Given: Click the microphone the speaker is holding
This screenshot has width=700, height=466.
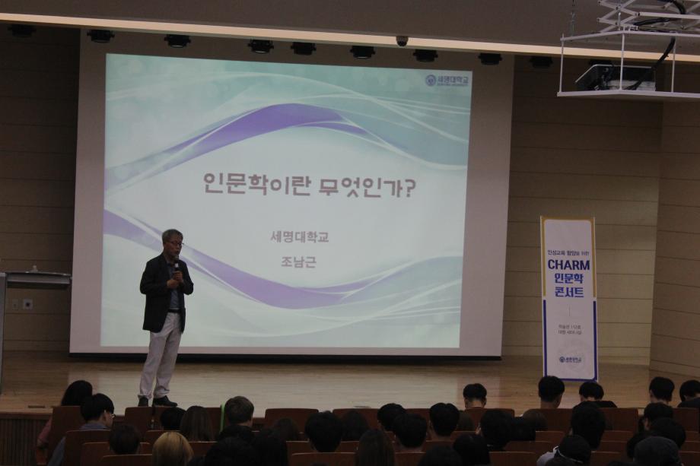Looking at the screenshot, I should (x=177, y=265).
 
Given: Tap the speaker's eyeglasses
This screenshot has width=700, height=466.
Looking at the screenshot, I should (x=175, y=243).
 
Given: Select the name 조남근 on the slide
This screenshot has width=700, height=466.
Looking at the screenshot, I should (x=298, y=261).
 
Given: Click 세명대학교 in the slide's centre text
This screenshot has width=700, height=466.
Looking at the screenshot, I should (x=299, y=236).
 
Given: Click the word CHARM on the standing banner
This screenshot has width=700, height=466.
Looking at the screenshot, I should (x=568, y=265).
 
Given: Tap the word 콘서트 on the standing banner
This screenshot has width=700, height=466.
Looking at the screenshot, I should (x=568, y=293).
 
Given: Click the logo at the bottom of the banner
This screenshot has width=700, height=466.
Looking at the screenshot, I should (x=568, y=359).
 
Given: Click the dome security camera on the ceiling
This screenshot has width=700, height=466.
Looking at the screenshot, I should (x=402, y=41).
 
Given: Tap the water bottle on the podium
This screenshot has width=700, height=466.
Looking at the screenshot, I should (x=33, y=268).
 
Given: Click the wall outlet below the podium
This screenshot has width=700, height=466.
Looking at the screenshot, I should (x=27, y=304).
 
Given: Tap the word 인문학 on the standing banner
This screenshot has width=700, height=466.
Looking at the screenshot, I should (x=568, y=279).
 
